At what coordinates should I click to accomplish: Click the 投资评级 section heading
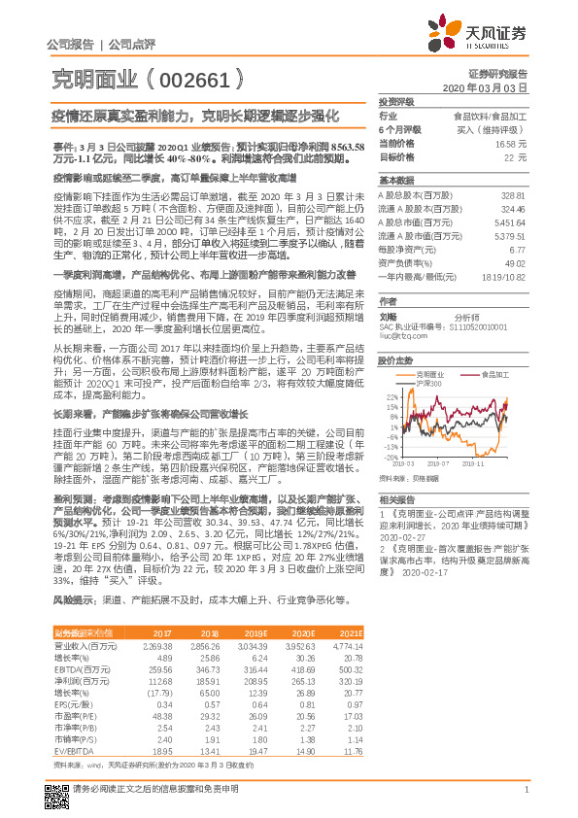(x=396, y=101)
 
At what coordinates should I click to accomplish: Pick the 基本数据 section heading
(x=396, y=181)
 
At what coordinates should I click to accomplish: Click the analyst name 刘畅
(x=388, y=316)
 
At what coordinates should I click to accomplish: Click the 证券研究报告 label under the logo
(x=502, y=74)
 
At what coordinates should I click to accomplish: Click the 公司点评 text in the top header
(x=125, y=45)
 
